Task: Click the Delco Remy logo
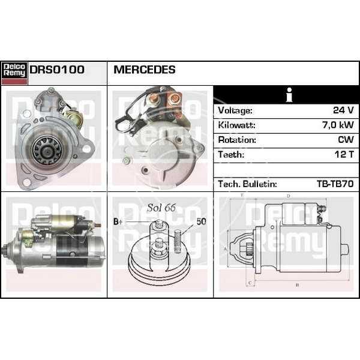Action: (14, 73)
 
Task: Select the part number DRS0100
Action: (57, 70)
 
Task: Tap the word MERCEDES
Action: (145, 70)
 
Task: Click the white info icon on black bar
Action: (289, 95)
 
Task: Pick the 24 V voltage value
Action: (343, 110)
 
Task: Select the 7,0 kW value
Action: (338, 125)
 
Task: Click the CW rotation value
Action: (346, 140)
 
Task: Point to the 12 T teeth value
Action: (344, 154)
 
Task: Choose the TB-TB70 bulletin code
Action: (335, 184)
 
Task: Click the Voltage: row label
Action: (235, 110)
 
